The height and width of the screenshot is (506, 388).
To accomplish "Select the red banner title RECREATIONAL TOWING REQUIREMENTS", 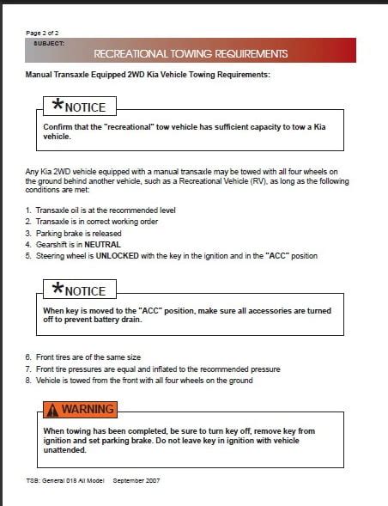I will (x=190, y=53).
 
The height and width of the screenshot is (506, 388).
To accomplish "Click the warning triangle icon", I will (x=52, y=410).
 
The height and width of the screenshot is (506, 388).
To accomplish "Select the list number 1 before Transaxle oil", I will (x=27, y=210).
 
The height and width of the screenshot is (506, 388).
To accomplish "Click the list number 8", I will (x=27, y=380).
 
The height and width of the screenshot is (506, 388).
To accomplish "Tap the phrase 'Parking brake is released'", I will (x=78, y=233).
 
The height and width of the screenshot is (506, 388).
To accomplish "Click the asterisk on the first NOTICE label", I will (x=58, y=106).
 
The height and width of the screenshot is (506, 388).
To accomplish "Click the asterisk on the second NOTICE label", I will (x=58, y=290).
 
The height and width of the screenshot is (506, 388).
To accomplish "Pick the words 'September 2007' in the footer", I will (x=136, y=480).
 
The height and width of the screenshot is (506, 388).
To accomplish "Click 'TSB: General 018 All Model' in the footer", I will (x=65, y=480).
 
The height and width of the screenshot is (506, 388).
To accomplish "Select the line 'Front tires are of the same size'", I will (x=87, y=357).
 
